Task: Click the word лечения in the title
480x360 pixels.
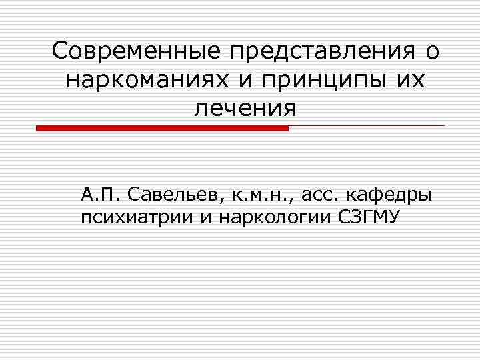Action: [x=244, y=107]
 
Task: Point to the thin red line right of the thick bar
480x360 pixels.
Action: [x=366, y=125]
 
